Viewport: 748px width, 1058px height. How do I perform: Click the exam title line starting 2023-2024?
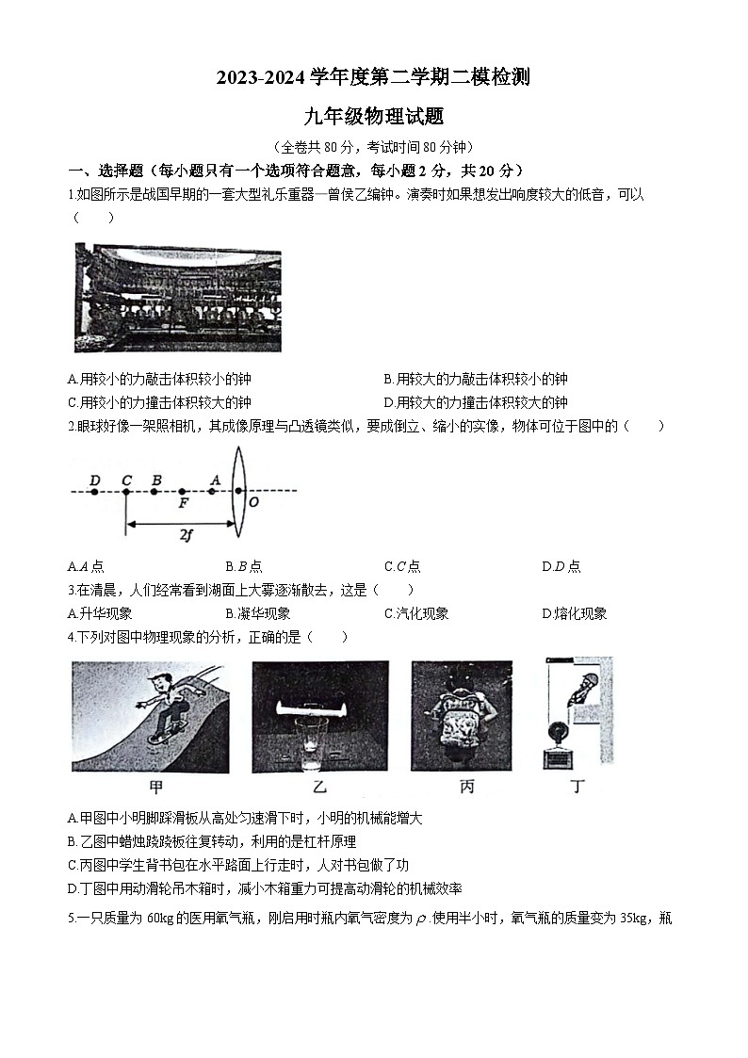point(373,78)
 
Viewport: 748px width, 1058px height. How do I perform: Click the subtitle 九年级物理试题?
point(373,118)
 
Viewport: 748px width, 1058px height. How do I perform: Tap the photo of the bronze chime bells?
point(177,297)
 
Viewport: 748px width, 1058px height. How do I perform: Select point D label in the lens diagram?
point(94,480)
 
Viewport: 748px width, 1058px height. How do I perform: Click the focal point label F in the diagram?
point(183,503)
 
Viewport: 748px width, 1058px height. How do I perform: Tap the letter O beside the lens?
point(252,502)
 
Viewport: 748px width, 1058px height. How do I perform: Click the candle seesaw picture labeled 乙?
point(319,715)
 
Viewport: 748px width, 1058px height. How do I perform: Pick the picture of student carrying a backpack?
point(462,715)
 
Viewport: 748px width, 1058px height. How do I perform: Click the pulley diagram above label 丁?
point(576,713)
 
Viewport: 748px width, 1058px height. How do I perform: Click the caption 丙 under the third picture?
point(466,788)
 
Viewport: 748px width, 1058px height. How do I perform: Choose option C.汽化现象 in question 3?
point(416,613)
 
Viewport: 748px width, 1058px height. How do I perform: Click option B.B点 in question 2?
point(244,566)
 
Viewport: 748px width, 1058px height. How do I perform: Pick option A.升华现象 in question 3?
point(100,613)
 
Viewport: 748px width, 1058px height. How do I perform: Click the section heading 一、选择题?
point(106,171)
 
